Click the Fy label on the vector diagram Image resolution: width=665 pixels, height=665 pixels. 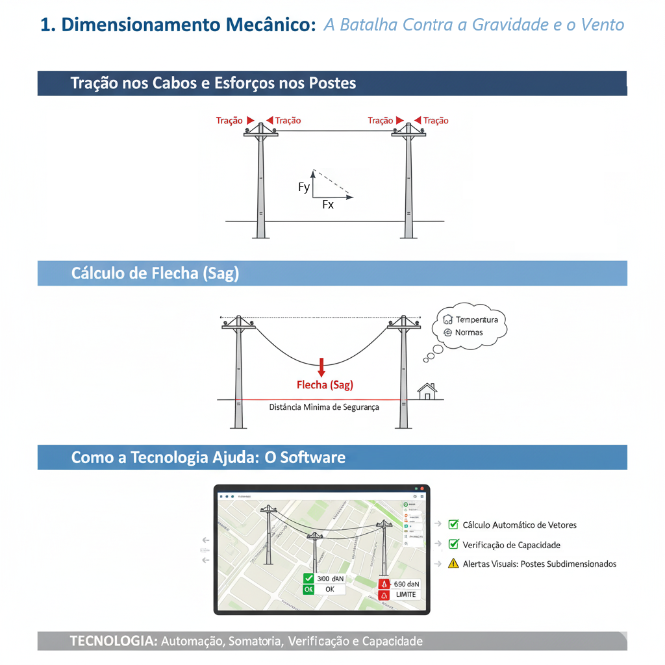click(304, 188)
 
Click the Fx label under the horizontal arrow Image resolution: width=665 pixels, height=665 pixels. click(328, 205)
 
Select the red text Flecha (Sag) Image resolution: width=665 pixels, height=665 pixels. click(325, 385)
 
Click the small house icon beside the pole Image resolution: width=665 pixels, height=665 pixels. click(427, 391)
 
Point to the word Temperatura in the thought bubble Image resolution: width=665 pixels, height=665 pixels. click(477, 320)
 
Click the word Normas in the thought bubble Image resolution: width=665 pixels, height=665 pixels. click(469, 332)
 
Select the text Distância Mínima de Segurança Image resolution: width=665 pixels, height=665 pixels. click(324, 407)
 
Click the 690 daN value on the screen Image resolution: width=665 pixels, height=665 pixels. click(407, 584)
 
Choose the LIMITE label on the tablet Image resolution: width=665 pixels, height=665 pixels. click(406, 595)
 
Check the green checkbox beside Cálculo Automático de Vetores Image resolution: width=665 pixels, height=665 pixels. click(454, 525)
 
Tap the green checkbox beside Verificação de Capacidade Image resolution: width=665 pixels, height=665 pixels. click(454, 544)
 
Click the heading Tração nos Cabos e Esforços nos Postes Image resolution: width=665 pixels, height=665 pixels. click(213, 83)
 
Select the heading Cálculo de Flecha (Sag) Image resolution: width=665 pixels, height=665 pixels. click(155, 273)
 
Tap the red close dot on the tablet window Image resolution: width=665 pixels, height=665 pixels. click(422, 488)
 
